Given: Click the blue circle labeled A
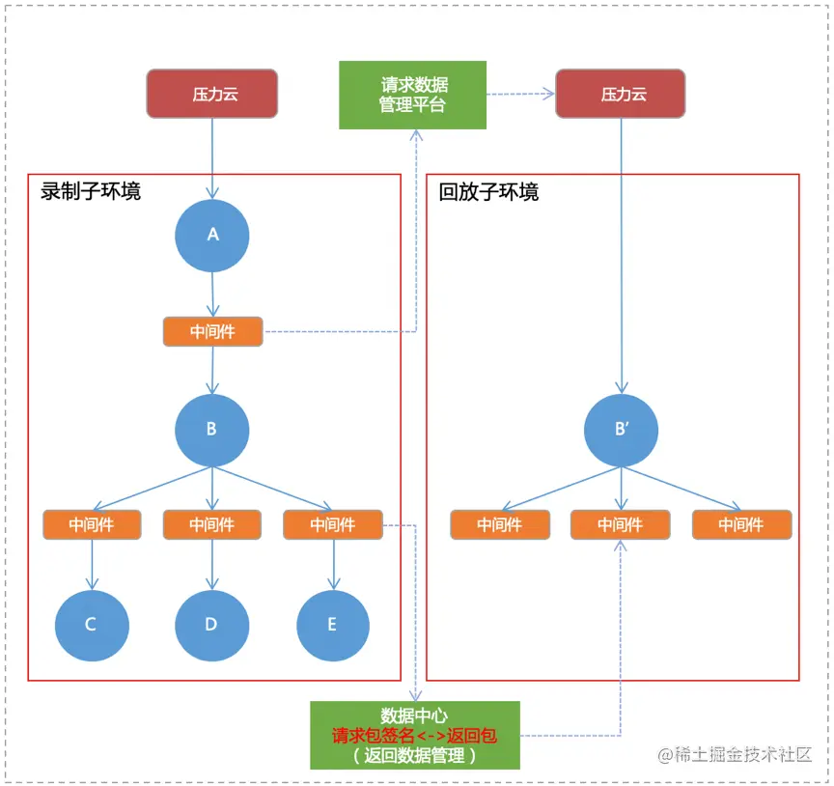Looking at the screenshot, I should [x=212, y=236].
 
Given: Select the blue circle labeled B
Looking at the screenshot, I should [x=212, y=430].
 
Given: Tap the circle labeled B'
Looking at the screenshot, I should [x=621, y=430].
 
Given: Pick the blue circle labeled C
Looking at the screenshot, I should [x=92, y=625].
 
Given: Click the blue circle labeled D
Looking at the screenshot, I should [x=211, y=625].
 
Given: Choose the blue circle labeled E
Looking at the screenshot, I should [x=333, y=625].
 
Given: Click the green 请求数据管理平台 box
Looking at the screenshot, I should [x=412, y=95].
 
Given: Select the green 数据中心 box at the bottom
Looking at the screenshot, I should [x=415, y=735].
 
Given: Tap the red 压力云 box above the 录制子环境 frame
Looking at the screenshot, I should [x=212, y=95].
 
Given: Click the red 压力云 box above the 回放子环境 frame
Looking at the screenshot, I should [x=621, y=95].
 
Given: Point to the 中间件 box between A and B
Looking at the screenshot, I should [x=212, y=332].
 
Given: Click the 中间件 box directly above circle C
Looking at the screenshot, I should [x=92, y=524].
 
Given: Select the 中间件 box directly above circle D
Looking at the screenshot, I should [x=211, y=524].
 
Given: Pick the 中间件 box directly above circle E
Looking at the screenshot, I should [x=333, y=524].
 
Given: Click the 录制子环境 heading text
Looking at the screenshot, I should [x=91, y=191].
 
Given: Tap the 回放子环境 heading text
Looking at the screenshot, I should [x=489, y=191].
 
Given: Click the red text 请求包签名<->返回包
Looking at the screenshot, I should [x=415, y=736].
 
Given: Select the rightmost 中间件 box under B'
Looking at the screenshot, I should [x=741, y=524].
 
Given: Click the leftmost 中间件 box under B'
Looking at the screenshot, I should [x=500, y=524].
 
